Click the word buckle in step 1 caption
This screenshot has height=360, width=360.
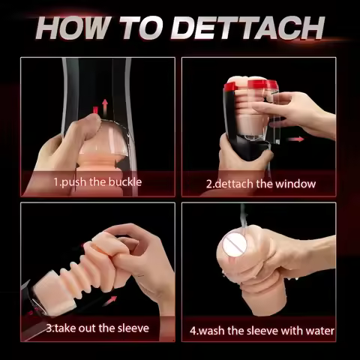pos(122,182)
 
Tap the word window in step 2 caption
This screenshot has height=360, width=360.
pos(294,183)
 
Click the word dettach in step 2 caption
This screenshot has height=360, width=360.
pos(239,183)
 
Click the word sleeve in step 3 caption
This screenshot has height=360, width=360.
pos(131,328)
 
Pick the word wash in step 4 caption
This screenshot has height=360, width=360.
pos(213,330)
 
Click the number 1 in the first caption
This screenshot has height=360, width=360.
pos(55,182)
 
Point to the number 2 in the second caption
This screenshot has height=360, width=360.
pos(209,183)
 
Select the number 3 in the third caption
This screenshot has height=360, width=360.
pos(49,328)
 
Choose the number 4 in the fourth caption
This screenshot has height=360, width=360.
pos(192,330)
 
